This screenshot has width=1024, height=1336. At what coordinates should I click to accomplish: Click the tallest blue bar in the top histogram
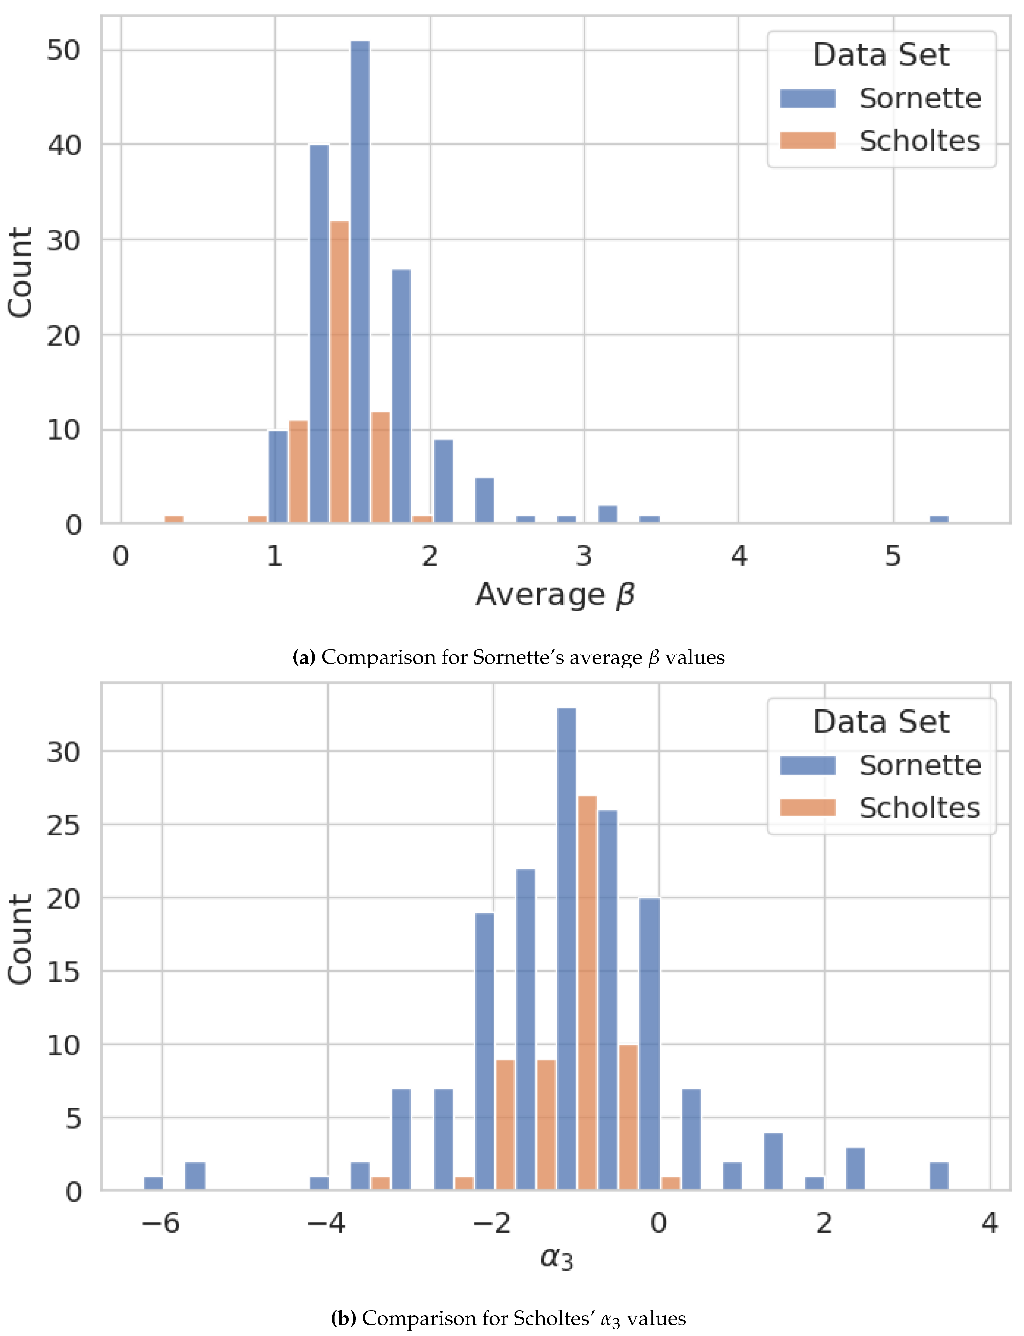360,281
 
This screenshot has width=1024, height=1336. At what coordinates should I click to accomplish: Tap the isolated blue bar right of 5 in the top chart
939,519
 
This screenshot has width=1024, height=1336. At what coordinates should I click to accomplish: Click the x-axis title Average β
555,594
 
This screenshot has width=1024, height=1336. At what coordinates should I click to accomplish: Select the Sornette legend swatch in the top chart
808,98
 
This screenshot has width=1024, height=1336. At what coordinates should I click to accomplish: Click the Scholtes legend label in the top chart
919,141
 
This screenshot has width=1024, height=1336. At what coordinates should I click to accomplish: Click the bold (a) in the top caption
303,657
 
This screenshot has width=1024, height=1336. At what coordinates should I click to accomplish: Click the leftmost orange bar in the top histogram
174,519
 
